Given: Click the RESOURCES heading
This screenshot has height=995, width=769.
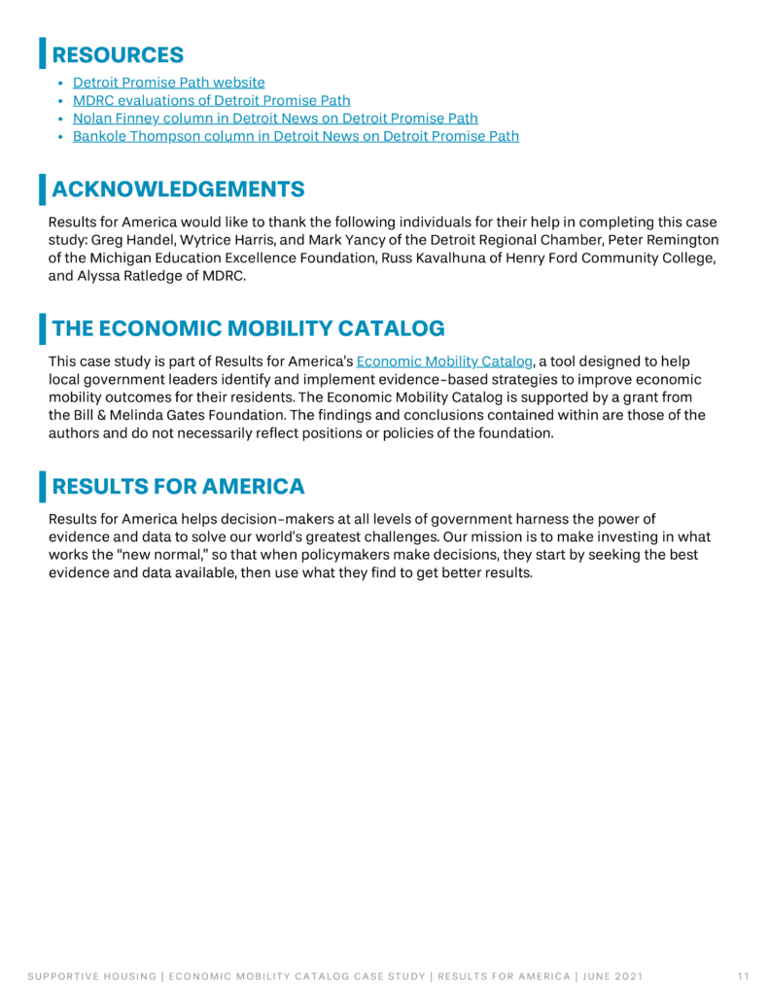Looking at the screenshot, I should tap(118, 54).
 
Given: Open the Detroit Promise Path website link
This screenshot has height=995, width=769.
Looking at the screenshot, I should tap(168, 84).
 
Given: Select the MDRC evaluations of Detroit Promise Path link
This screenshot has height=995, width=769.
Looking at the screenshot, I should tap(211, 101).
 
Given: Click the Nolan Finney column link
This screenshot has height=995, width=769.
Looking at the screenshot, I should tap(275, 119).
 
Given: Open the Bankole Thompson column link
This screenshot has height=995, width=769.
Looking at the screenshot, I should tap(296, 136).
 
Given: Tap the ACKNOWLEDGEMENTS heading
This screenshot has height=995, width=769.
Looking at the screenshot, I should tap(178, 189).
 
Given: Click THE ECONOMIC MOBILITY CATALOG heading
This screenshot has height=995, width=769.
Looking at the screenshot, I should tap(248, 327).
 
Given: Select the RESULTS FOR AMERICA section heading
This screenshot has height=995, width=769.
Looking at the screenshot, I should tap(178, 486).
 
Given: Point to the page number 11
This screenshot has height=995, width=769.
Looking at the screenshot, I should tap(743, 975).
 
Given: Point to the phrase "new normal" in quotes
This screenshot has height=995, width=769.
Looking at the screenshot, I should tap(119, 555).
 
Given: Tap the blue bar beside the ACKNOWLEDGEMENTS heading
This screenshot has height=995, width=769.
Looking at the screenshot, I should tap(42, 189).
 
